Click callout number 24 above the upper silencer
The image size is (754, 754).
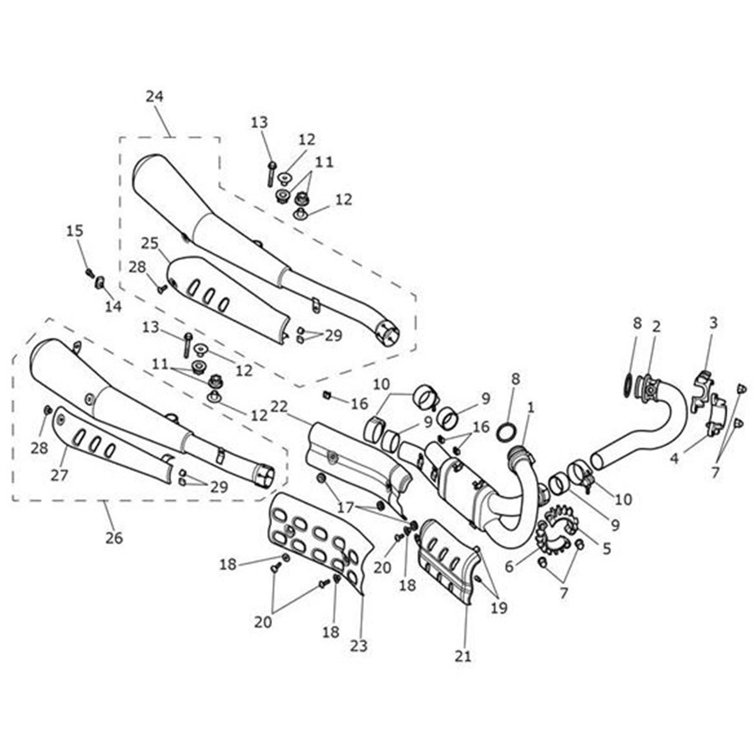154,97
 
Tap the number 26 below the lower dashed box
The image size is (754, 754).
114,538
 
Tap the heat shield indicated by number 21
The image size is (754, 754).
447,559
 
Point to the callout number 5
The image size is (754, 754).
606,549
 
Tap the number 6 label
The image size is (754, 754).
510,567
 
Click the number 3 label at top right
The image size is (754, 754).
713,324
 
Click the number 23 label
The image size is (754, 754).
360,645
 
